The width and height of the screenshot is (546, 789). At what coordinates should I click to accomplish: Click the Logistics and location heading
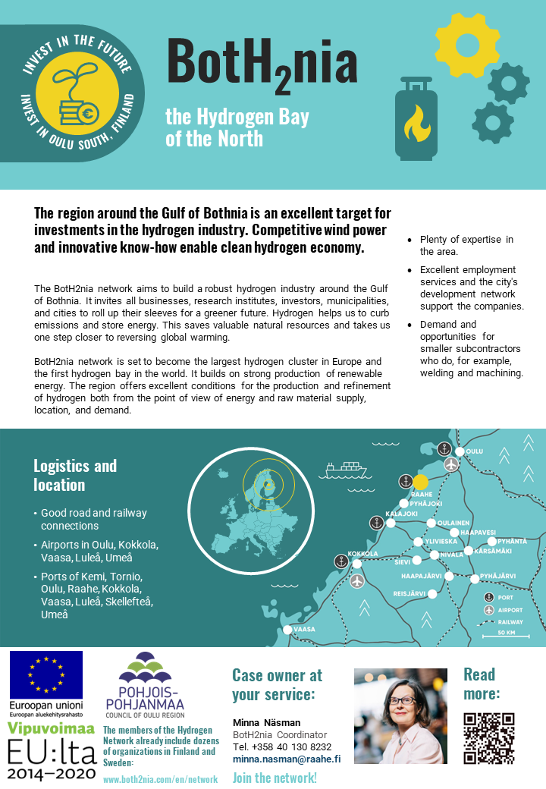pos(75,475)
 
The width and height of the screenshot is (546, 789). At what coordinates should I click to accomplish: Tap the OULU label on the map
pos(475,451)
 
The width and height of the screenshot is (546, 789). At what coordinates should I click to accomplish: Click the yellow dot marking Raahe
pos(421,482)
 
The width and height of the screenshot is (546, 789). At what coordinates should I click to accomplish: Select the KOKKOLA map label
pos(362,554)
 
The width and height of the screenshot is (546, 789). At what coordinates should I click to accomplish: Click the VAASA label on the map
pos(304,629)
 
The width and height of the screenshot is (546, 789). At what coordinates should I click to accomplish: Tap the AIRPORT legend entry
pos(510,610)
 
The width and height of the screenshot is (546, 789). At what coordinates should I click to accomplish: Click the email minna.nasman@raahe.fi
pos(286,758)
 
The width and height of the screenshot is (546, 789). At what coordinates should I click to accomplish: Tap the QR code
pos(489,738)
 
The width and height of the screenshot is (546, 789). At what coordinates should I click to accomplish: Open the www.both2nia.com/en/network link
pos(160,779)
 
